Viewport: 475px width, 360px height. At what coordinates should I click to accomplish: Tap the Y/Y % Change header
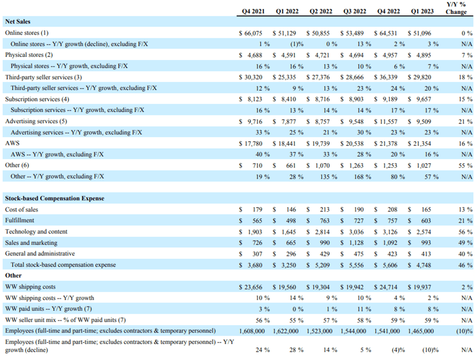(x=456, y=8)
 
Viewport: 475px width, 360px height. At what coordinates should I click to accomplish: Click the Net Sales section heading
(x=18, y=21)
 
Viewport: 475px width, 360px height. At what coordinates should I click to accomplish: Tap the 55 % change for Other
(x=465, y=165)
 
